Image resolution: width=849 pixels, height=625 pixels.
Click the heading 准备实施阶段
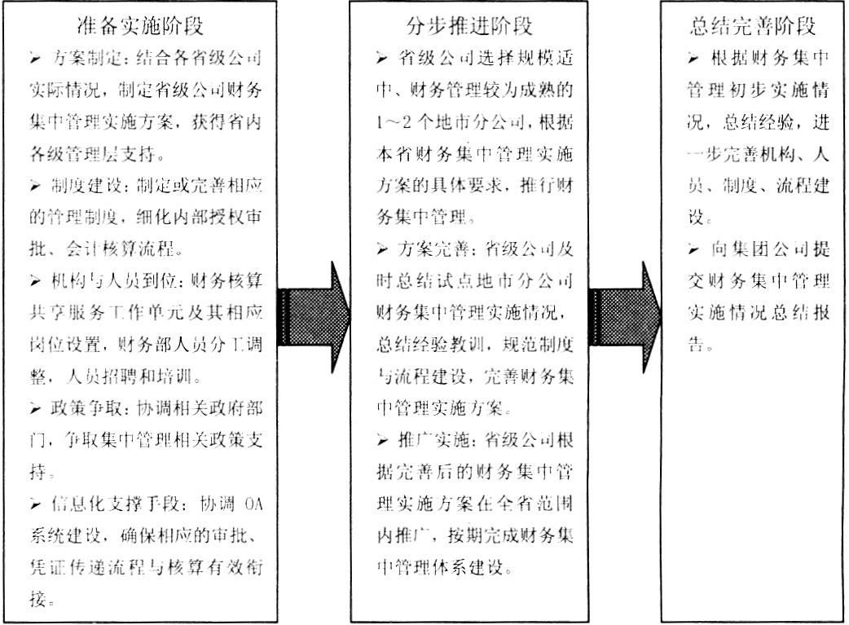coord(140,26)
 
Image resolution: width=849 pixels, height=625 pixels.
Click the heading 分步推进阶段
coord(469,26)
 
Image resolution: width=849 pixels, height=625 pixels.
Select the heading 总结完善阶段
coord(753,26)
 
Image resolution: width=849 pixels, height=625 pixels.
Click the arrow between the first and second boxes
coord(314,317)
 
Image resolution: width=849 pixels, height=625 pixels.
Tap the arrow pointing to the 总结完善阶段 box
coord(625,317)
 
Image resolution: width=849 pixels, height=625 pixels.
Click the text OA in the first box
coord(253,504)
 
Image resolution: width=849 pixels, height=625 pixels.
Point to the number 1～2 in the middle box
coord(394,122)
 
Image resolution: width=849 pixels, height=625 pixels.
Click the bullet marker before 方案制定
coord(36,58)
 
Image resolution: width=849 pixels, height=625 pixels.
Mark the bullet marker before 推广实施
coord(382,440)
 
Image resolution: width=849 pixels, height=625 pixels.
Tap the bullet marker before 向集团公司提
coord(693,249)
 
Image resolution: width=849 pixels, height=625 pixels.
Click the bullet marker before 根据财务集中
coord(693,58)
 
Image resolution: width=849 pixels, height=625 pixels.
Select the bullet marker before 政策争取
coord(36,408)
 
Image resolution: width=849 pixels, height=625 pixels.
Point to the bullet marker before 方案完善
coord(382,249)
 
